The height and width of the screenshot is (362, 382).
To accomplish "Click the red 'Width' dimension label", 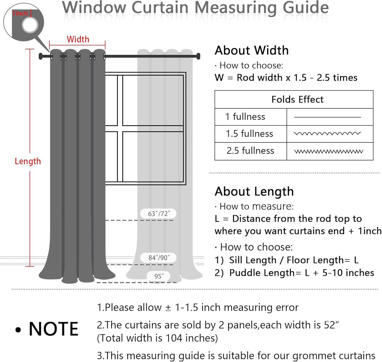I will click(x=78, y=39).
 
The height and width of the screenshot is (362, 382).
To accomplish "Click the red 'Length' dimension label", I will click(x=28, y=161).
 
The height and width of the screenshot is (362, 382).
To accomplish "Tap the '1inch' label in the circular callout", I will click(x=20, y=13).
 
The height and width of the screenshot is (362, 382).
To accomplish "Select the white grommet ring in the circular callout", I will click(x=30, y=25).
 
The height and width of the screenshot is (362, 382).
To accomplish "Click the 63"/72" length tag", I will click(x=159, y=214).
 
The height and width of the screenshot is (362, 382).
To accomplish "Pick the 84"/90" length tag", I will click(x=159, y=257).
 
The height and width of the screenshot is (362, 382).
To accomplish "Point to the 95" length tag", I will click(x=159, y=276).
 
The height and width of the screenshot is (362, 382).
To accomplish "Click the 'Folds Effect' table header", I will click(x=297, y=99).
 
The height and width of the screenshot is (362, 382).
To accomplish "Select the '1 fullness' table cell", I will click(x=245, y=117).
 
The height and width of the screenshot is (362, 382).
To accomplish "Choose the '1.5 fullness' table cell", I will click(x=249, y=134).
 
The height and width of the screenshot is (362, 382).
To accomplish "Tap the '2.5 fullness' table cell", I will click(x=250, y=151).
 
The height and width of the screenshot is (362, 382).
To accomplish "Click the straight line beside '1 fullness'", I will click(x=327, y=117).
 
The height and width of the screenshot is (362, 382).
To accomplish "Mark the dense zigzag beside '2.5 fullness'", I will click(x=329, y=152).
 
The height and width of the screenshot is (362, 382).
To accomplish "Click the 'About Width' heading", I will click(x=251, y=50).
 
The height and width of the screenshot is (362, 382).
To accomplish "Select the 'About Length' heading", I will click(x=254, y=191).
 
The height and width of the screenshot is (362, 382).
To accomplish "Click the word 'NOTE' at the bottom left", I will click(x=53, y=329).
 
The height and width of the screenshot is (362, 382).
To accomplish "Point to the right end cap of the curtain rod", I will click(x=198, y=56).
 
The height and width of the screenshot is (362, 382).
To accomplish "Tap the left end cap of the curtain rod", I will click(x=41, y=56).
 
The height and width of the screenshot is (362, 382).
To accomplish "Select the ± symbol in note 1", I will click(x=168, y=308).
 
